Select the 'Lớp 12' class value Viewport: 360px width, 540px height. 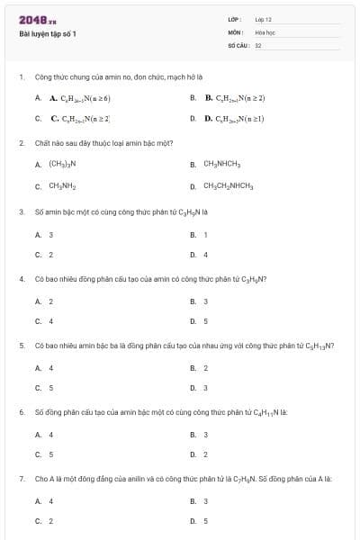[263, 19]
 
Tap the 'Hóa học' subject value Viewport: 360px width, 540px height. [265, 31]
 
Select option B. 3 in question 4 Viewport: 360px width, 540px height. [205, 301]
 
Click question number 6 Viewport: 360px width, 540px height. [22, 411]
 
